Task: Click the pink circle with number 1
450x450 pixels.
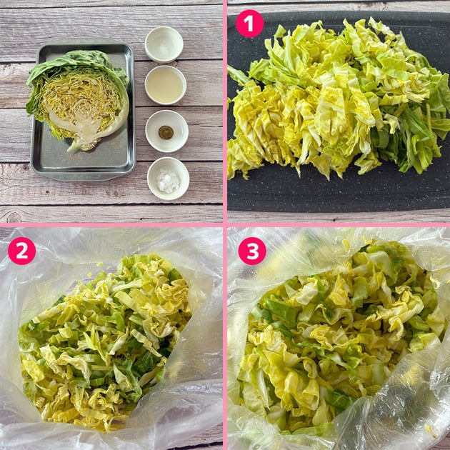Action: [x=249, y=24]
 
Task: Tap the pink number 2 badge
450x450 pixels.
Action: [x=22, y=251]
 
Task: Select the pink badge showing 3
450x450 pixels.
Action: [x=252, y=251]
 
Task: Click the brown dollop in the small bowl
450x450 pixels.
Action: [x=166, y=132]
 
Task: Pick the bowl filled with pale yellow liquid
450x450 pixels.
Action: [x=165, y=85]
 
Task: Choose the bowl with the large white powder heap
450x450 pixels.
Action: [x=168, y=179]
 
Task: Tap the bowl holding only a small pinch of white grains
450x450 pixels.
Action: [x=164, y=45]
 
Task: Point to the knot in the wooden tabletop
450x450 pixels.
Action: [x=14, y=217]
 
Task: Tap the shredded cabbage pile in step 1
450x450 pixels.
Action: [x=339, y=98]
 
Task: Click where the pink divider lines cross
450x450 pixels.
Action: [x=225, y=225]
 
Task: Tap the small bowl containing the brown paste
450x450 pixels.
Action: [x=166, y=131]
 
